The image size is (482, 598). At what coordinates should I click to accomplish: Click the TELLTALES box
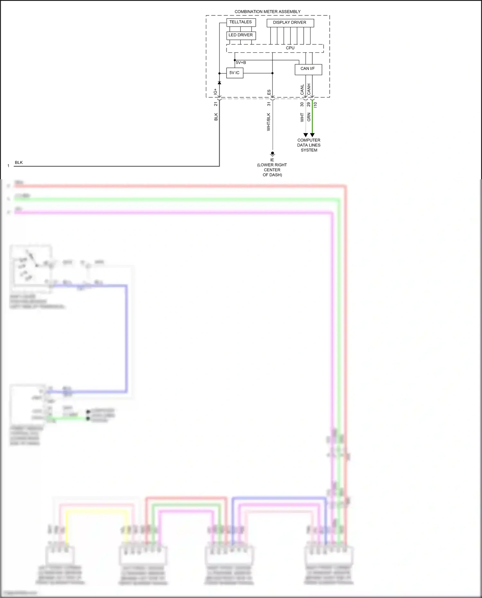tap(241, 22)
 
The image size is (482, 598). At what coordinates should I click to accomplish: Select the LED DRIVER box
tap(241, 35)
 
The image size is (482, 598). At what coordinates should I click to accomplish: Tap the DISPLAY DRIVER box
tap(290, 22)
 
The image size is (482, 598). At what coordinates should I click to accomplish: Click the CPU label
tap(290, 48)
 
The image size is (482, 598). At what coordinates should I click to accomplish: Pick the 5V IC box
tap(234, 73)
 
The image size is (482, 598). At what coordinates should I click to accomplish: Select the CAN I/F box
tap(308, 69)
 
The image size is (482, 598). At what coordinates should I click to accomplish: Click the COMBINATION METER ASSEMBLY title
tap(267, 12)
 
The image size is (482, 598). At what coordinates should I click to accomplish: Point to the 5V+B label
tap(241, 63)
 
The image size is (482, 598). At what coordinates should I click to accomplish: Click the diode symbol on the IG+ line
tap(219, 83)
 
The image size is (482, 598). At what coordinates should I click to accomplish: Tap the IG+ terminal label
tap(216, 92)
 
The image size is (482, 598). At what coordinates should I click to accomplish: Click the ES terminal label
tap(269, 92)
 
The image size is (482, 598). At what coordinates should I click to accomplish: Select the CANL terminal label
tap(302, 90)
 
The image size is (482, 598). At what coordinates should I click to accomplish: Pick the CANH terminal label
tap(309, 89)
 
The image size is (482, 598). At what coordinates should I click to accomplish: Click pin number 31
tap(269, 104)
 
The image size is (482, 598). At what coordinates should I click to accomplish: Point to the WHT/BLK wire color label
tap(269, 122)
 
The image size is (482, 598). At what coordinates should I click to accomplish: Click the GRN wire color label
tap(309, 117)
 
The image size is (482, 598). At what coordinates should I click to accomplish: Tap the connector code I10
tap(315, 105)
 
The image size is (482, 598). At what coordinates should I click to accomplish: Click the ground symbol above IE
tap(272, 154)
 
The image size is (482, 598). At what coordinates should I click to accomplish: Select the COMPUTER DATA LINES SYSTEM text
tap(309, 145)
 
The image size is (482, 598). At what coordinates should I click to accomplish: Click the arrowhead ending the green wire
tap(312, 135)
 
